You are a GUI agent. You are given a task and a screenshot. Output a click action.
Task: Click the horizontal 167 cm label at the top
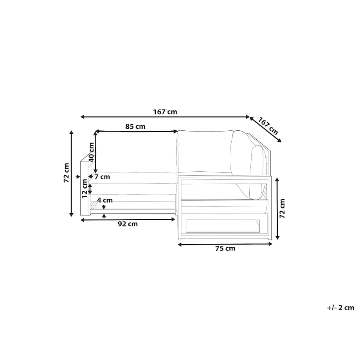(165, 112)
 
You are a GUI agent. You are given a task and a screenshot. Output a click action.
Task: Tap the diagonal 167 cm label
(268, 126)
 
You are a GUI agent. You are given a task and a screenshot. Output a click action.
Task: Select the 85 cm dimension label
(135, 126)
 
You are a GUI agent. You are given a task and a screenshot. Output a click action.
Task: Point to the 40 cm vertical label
(91, 152)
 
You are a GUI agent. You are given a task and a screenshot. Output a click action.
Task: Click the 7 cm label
(102, 177)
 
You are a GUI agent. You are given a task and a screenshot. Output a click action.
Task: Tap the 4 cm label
(105, 200)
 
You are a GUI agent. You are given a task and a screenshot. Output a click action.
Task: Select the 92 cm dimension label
(128, 224)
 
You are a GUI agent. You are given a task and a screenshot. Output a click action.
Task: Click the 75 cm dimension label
(225, 248)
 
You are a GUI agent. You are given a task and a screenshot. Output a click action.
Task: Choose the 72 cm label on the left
(66, 173)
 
